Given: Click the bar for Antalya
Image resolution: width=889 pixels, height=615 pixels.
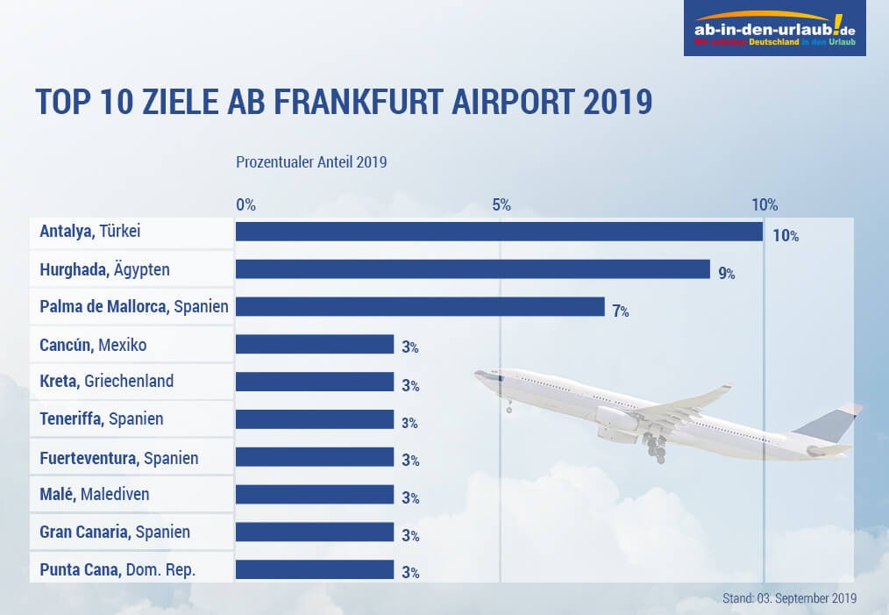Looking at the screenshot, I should pyautogui.click(x=499, y=232).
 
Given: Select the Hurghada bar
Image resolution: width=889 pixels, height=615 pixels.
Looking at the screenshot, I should pyautogui.click(x=473, y=269).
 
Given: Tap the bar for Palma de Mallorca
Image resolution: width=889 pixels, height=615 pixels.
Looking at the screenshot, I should pyautogui.click(x=420, y=306).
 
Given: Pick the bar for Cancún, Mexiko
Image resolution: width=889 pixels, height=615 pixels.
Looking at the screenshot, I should pyautogui.click(x=315, y=344).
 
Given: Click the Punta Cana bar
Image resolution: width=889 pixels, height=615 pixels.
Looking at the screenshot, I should pyautogui.click(x=315, y=569).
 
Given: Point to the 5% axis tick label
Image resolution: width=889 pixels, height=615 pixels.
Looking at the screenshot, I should pyautogui.click(x=501, y=204).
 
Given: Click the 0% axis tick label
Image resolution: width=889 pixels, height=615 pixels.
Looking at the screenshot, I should pyautogui.click(x=245, y=204).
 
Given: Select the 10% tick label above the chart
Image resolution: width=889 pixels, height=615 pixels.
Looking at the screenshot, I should pyautogui.click(x=765, y=204).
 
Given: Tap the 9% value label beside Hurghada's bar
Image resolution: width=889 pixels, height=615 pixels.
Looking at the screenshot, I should pyautogui.click(x=726, y=273).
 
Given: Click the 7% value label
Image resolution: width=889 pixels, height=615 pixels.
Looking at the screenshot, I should pyautogui.click(x=621, y=311).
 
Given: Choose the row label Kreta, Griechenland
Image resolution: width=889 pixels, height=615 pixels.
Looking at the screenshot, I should pyautogui.click(x=107, y=381).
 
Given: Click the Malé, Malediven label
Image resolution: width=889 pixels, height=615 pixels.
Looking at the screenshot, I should pyautogui.click(x=95, y=494).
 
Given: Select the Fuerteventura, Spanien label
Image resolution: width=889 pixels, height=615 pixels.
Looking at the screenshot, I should pyautogui.click(x=119, y=457).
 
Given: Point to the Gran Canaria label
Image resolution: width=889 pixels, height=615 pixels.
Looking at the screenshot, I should pyautogui.click(x=115, y=532).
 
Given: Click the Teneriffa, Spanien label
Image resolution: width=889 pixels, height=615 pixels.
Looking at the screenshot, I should pyautogui.click(x=102, y=418).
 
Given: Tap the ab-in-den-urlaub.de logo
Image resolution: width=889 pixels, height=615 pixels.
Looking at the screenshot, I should pyautogui.click(x=774, y=29).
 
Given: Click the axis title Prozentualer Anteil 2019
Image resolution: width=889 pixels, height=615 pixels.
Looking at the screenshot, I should pyautogui.click(x=311, y=162).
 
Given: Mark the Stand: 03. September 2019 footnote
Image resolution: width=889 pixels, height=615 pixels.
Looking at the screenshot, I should pyautogui.click(x=789, y=598).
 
